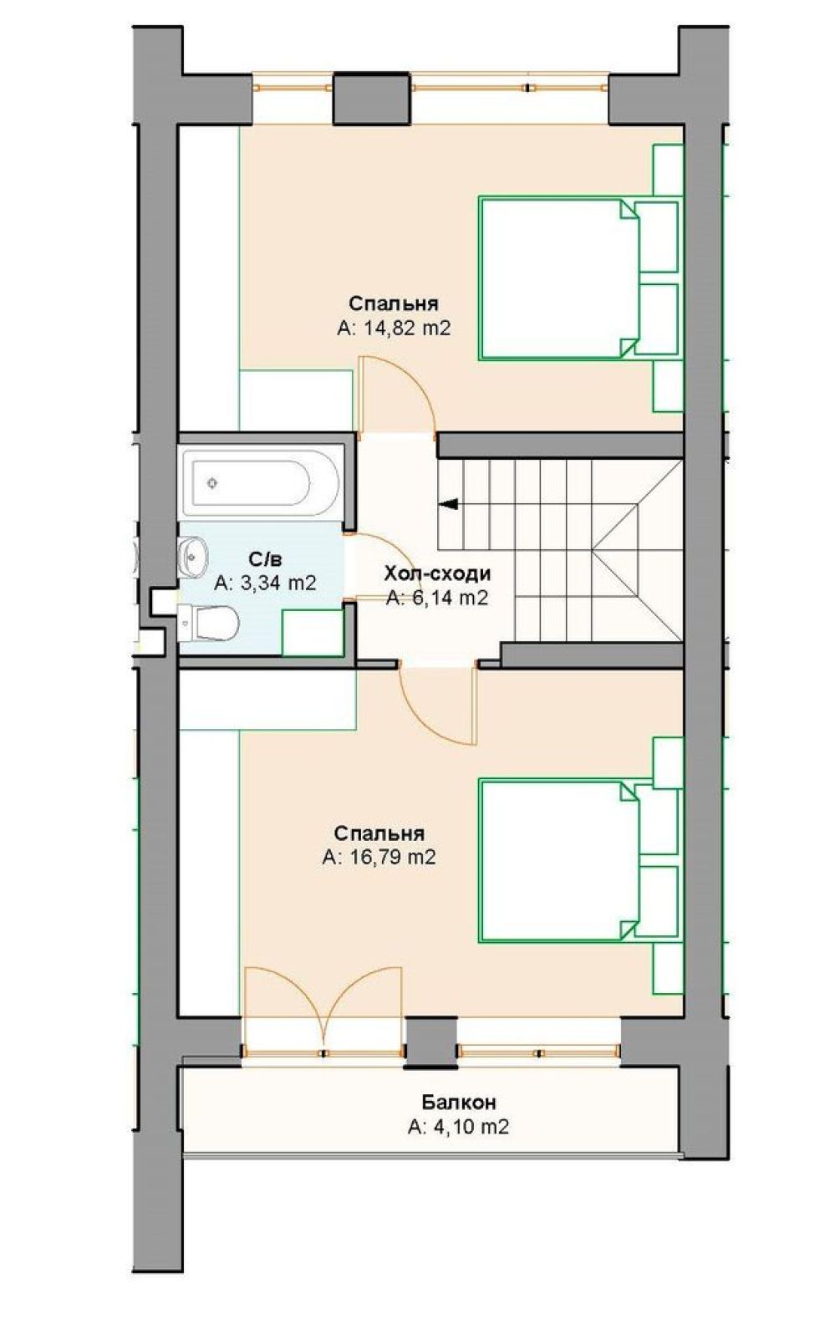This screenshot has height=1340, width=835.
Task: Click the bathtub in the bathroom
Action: tap(262, 483)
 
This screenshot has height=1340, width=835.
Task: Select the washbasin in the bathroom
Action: tap(192, 557)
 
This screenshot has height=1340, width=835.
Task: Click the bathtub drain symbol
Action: tap(211, 483)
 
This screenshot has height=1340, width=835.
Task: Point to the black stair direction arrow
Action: tap(449, 504)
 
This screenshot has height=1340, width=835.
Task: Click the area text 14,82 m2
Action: tap(393, 328)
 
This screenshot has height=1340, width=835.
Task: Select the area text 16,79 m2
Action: tap(379, 857)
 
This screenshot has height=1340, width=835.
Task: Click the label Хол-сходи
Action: tap(437, 573)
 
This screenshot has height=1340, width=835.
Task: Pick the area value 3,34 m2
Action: tap(265, 582)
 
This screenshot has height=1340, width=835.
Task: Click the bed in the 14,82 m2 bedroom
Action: tap(579, 278)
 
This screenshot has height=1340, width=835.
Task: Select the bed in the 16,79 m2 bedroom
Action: tap(579, 860)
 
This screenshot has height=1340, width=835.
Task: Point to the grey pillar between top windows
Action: tap(371, 99)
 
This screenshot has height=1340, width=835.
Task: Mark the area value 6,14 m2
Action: tap(437, 598)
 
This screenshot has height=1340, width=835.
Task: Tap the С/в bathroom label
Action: tap(265, 559)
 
